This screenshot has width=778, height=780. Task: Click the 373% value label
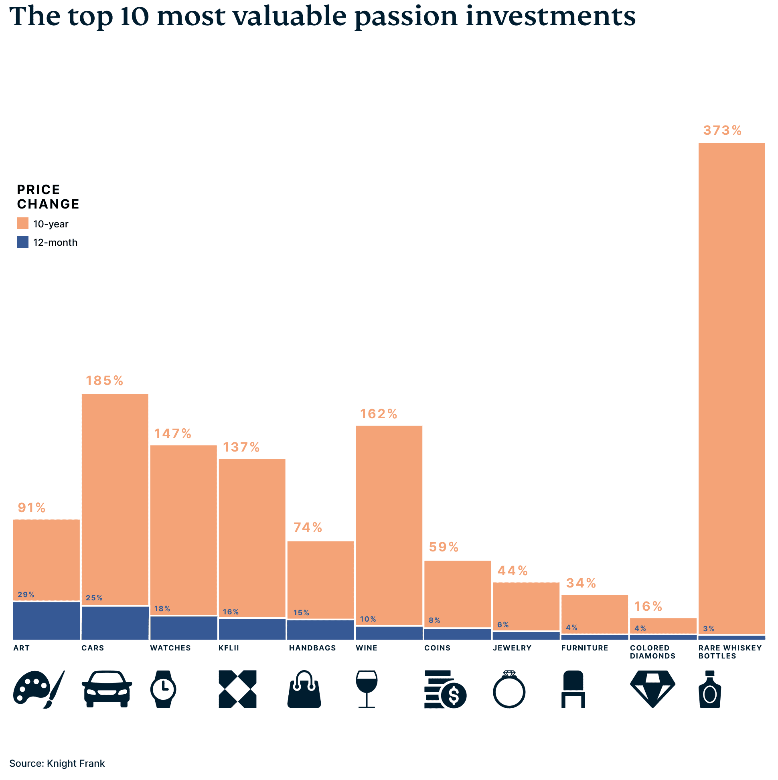pos(722,130)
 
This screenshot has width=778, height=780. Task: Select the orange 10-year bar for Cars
pos(115,498)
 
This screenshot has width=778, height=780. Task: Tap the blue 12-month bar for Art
pos(47,620)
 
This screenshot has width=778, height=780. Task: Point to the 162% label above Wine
pos(378,414)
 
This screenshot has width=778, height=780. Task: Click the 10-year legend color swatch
pos(22,223)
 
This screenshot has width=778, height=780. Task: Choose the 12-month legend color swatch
pos(22,242)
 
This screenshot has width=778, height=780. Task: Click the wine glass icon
pos(367,689)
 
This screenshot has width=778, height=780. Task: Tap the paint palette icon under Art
pos(38,689)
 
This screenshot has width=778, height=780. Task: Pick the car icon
pos(107,689)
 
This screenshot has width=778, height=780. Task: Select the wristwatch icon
pos(163,689)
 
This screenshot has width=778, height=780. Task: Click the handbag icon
pos(304,689)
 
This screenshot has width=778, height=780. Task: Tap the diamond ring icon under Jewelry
pos(509,689)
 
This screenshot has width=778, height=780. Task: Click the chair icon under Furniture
pos(573,689)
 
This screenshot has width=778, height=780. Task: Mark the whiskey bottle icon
pos(710,689)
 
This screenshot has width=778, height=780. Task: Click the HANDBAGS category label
pos(312,648)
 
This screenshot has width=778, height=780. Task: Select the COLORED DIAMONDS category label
pos(652,652)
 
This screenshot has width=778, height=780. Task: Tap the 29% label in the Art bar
pos(26,595)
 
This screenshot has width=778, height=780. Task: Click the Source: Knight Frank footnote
pos(57,764)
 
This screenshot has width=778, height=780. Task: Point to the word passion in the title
pos(406,17)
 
